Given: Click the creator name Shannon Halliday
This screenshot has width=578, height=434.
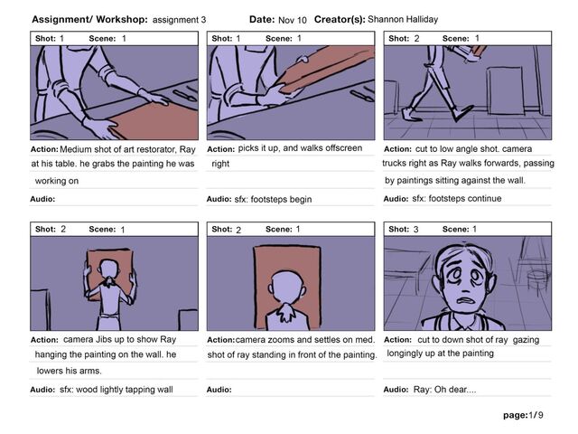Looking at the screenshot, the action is point(403,19).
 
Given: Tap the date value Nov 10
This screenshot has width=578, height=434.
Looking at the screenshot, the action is point(293,20).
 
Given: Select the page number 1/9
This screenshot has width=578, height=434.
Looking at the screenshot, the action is point(536,415).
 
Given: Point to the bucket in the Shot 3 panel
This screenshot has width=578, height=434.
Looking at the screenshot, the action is point(537,278).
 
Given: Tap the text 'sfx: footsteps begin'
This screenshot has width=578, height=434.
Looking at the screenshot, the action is point(273,199).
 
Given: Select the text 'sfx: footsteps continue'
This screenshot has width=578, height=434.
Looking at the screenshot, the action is point(457,199).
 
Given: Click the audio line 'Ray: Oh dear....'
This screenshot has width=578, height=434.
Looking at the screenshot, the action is point(444,390).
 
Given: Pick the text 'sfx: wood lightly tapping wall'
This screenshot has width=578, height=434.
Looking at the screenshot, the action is point(117,390).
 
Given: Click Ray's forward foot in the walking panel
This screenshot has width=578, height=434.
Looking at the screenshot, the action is point(462,113).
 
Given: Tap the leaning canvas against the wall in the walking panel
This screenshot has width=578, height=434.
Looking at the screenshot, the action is point(505,90).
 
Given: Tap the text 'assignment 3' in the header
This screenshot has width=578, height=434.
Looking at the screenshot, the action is point(179,20).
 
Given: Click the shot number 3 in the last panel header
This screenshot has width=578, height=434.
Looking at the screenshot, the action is point(415,229).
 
